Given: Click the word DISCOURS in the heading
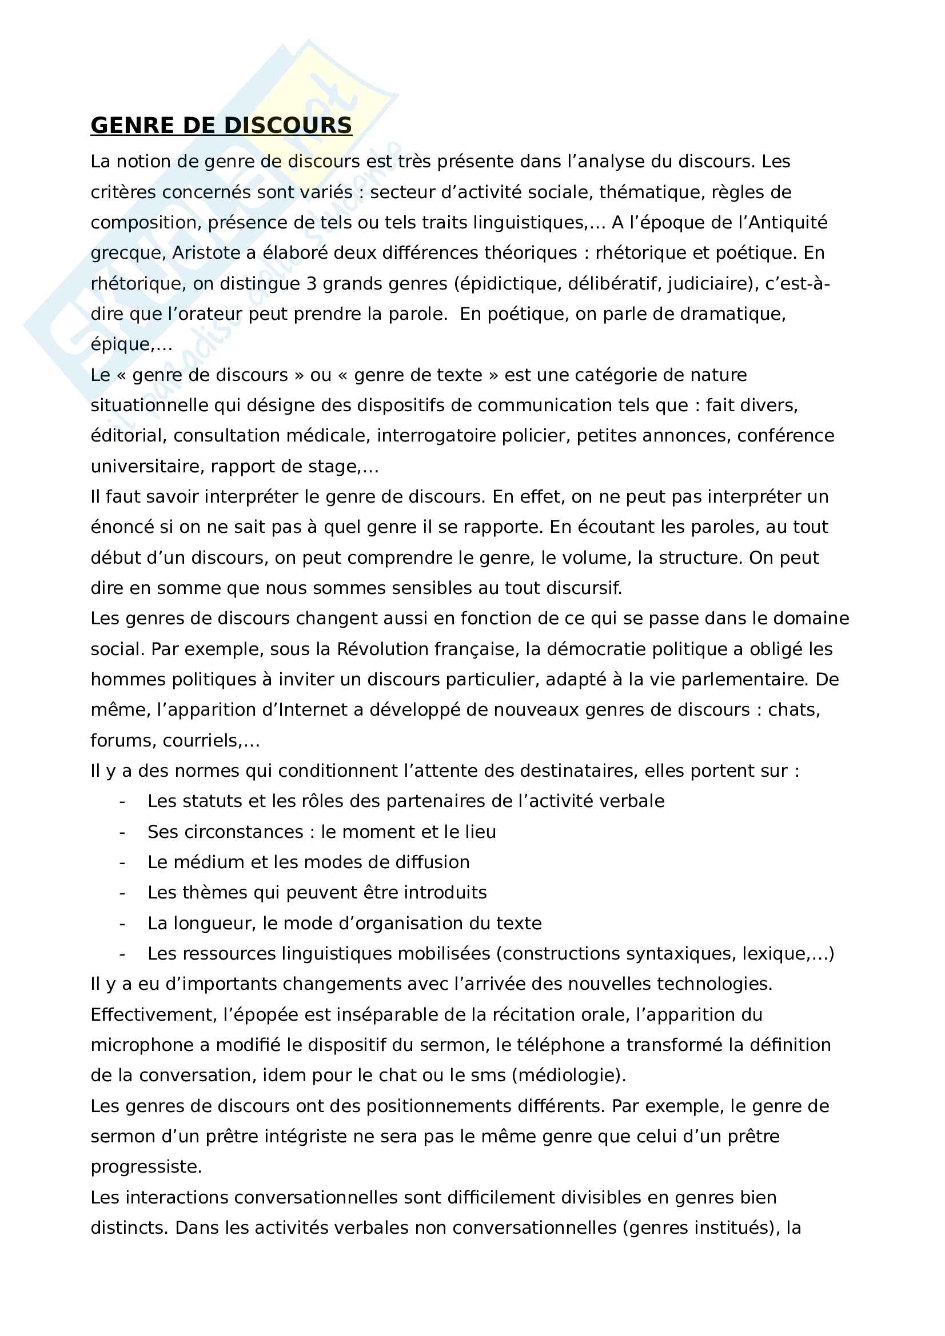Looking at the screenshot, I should [x=288, y=126].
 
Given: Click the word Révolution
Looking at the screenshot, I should [x=380, y=649].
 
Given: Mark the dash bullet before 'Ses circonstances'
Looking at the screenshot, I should [x=122, y=832].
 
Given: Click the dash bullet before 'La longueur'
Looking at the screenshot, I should [x=122, y=924].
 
